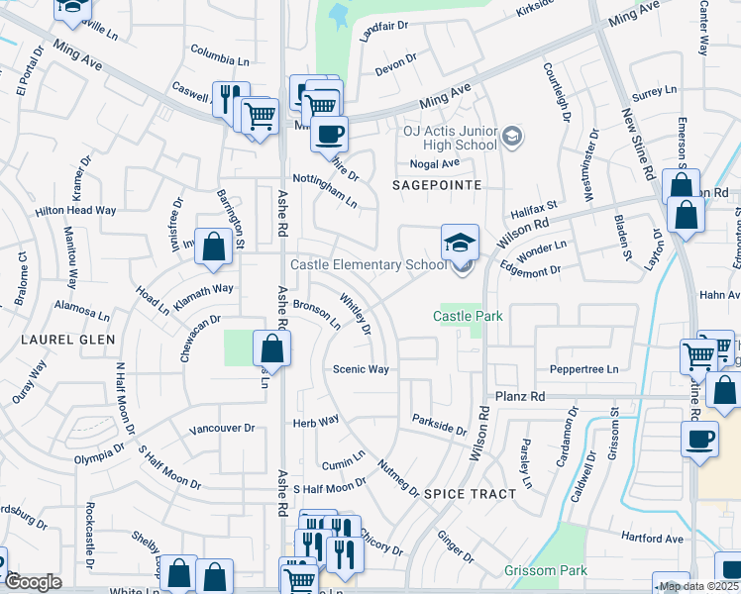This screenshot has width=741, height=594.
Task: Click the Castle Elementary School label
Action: [368, 264]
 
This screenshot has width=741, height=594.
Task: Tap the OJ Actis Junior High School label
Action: [449, 138]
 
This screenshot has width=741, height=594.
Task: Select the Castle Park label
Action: [469, 316]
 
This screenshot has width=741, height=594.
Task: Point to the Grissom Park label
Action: [544, 570]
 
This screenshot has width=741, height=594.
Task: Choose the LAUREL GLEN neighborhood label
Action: [66, 339]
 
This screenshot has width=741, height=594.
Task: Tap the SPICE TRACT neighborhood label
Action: [470, 493]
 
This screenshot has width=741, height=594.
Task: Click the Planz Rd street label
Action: [521, 396]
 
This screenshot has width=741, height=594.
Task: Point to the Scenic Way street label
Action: [361, 369]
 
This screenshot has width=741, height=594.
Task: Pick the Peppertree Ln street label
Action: [583, 369]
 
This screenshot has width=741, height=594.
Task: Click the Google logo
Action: [33, 582]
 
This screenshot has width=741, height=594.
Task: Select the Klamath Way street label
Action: [203, 290]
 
